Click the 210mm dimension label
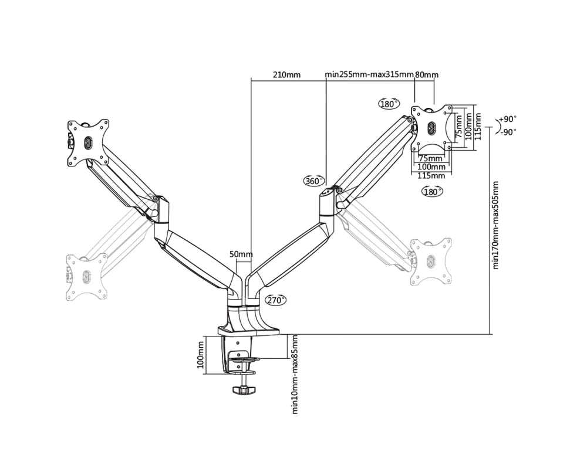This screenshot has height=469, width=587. [x=286, y=75]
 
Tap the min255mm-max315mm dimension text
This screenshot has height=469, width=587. [x=369, y=74]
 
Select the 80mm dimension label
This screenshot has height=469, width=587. [x=427, y=75]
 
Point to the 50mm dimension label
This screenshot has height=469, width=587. [x=241, y=254]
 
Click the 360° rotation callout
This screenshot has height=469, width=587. [x=313, y=181]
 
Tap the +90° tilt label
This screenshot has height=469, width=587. [x=508, y=120]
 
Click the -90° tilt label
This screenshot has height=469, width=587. [x=508, y=132]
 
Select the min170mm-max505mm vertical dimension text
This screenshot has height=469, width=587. [x=495, y=225]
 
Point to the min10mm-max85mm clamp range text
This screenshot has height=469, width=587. [x=295, y=374]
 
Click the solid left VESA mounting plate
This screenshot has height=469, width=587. [x=88, y=142]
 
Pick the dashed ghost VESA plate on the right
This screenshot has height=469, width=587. [x=431, y=261]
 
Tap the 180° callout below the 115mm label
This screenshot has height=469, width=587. [x=432, y=192]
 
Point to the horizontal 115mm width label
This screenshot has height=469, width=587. [x=431, y=176]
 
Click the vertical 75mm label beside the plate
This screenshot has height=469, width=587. [x=459, y=127]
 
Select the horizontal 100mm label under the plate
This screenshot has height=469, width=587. [x=431, y=167]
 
